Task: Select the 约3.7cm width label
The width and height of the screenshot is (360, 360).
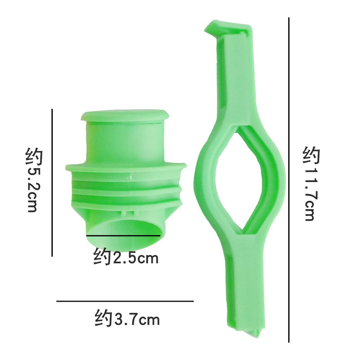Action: click(x=127, y=318)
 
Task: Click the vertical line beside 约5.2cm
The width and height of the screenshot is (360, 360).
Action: click(x=52, y=182)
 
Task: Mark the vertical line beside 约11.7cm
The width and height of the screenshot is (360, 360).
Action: click(x=289, y=180)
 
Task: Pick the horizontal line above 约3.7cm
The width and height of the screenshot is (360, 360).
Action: click(x=125, y=301)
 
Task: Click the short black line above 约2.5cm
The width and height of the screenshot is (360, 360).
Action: click(x=123, y=236)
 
